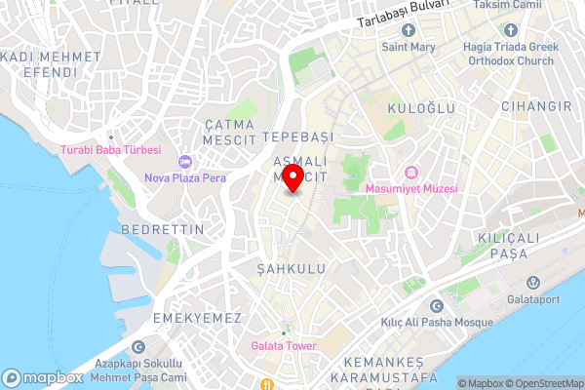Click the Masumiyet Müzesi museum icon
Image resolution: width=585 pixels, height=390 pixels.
pos(410,173)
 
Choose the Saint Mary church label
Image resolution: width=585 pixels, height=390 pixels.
pos(409,45)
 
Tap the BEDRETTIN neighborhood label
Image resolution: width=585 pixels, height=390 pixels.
pos(163,229)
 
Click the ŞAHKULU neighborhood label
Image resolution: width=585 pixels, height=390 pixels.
pos(291,267)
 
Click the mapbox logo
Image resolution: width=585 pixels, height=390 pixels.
pos(44,377)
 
